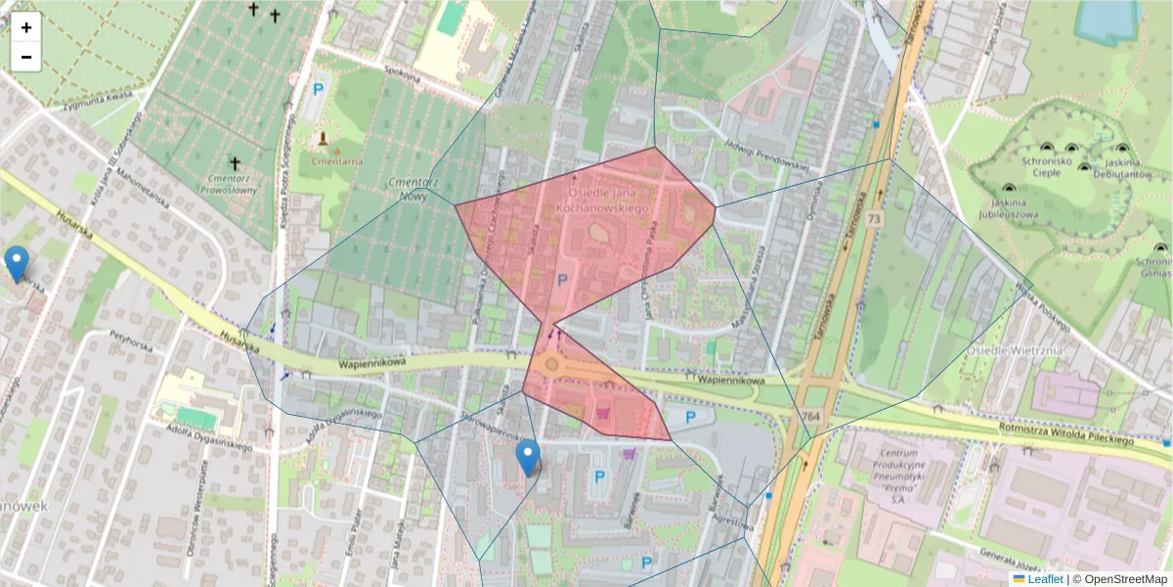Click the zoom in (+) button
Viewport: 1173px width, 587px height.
tap(26, 27)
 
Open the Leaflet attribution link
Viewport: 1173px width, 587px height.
tap(1050, 579)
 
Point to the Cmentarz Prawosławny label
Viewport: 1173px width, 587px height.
tap(234, 184)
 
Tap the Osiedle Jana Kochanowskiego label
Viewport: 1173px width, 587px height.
tap(602, 201)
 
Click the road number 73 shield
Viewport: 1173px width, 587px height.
tap(873, 220)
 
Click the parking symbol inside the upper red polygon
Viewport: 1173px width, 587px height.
tap(561, 280)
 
